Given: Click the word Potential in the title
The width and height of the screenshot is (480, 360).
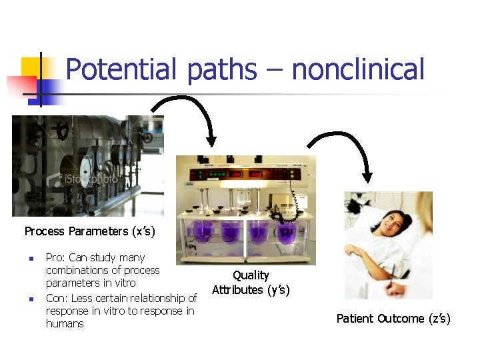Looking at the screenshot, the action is pyautogui.click(x=122, y=69).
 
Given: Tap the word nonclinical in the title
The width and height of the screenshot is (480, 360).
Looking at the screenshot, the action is pyautogui.click(x=359, y=69).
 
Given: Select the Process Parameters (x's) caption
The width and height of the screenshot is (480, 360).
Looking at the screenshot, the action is pyautogui.click(x=89, y=231).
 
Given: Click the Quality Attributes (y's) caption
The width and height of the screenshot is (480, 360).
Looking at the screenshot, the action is pyautogui.click(x=251, y=283).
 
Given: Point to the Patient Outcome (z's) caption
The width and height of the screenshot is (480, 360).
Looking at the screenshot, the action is pyautogui.click(x=393, y=319).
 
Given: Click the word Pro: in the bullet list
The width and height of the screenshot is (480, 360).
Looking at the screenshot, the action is pyautogui.click(x=56, y=257).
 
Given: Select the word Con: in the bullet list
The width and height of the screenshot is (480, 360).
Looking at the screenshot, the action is pyautogui.click(x=57, y=297).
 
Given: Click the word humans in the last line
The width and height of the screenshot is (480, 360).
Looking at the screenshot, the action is pyautogui.click(x=65, y=324).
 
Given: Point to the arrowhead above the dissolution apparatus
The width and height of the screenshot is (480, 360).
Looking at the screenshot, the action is pyautogui.click(x=211, y=139).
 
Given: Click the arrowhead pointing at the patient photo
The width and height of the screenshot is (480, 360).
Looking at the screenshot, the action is pyautogui.click(x=365, y=177).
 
